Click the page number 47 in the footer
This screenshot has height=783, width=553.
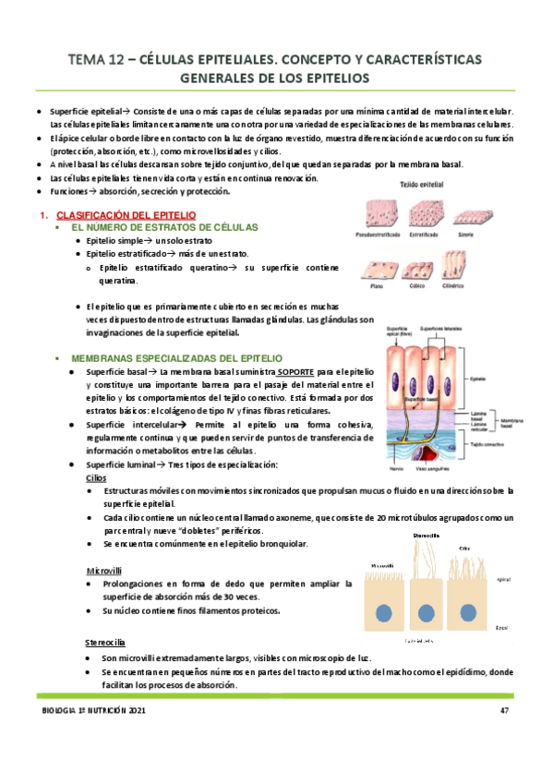coord(504,710)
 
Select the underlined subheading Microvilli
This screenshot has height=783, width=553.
coord(102,571)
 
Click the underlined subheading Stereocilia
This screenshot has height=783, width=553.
coord(106,643)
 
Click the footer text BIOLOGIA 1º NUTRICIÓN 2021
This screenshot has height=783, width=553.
coord(93,710)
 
